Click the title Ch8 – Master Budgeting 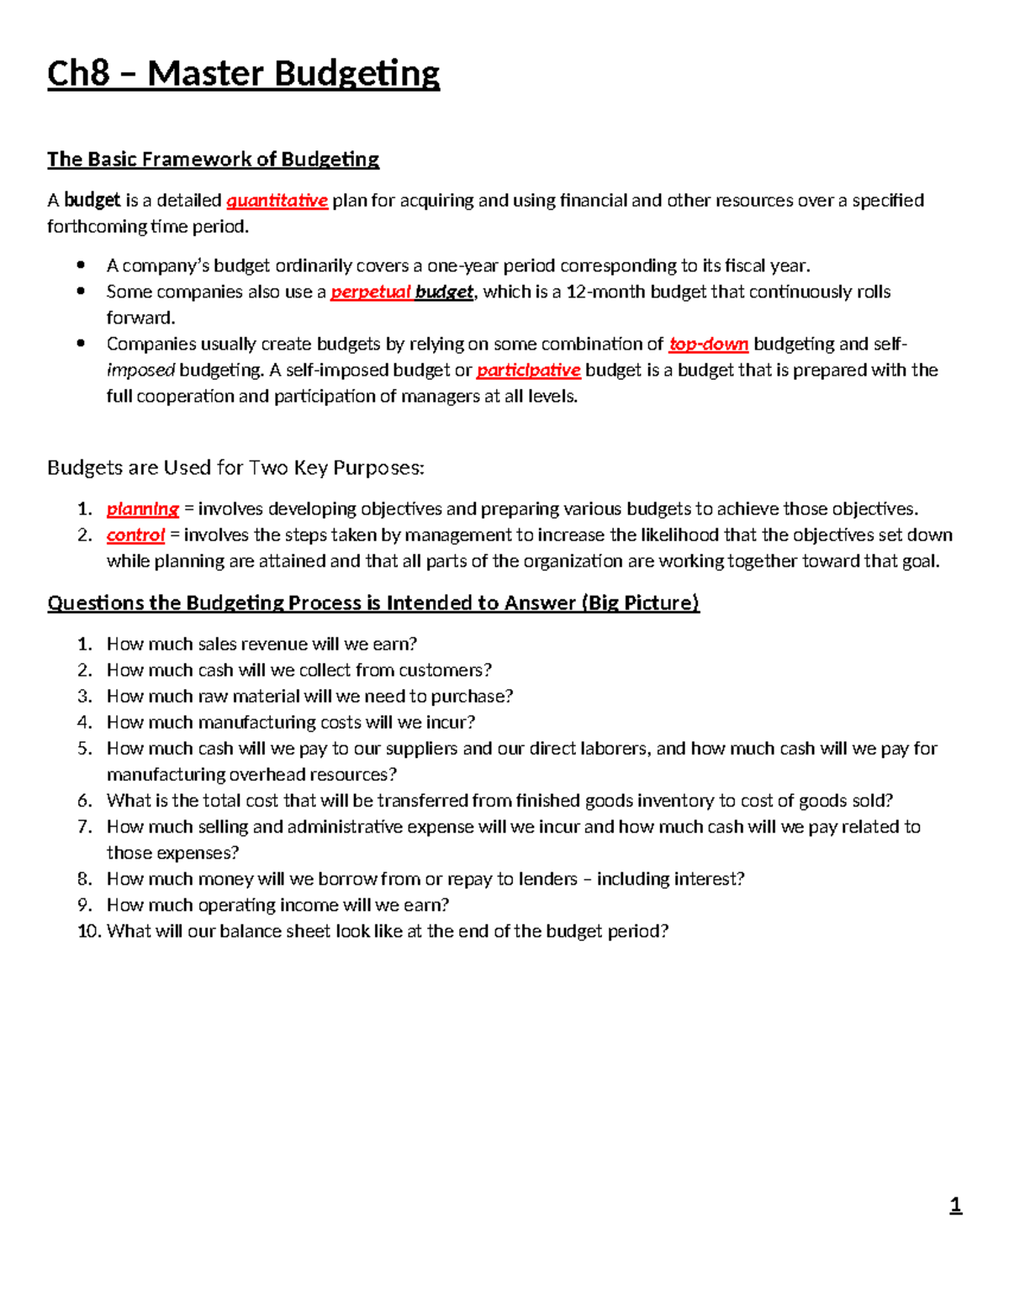click(243, 73)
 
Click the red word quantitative click(277, 200)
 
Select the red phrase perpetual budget click(402, 292)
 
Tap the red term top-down click(708, 344)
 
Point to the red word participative click(528, 370)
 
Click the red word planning click(142, 508)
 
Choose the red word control click(135, 534)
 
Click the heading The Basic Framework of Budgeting click(213, 159)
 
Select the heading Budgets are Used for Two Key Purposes click(235, 467)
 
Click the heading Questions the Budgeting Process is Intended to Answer click(373, 603)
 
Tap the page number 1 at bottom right click(955, 1205)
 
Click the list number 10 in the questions click(88, 930)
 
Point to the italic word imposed click(140, 370)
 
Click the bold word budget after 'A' click(92, 200)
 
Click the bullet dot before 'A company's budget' click(81, 266)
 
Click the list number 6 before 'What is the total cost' click(84, 800)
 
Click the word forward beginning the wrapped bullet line click(140, 318)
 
